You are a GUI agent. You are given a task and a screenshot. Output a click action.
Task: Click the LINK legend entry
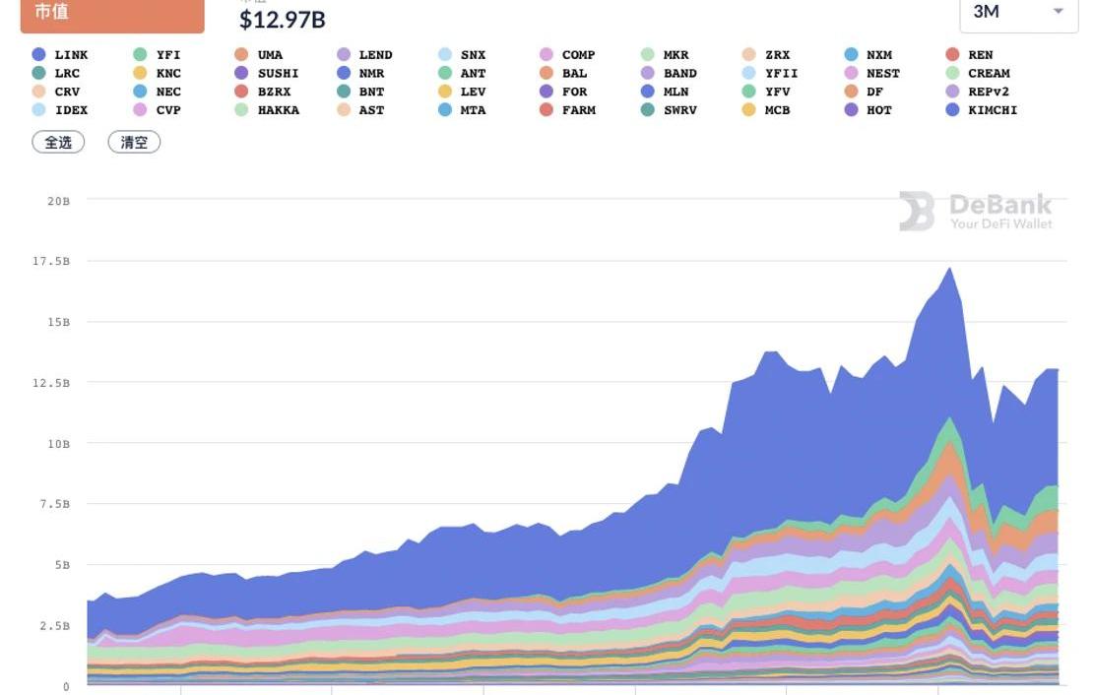click(60, 55)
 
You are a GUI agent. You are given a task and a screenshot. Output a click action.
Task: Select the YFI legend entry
click(158, 55)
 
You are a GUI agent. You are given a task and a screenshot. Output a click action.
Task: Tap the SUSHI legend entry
click(267, 74)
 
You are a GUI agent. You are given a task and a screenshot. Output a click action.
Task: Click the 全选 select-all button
click(59, 142)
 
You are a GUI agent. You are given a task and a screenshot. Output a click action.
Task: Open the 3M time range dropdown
click(1018, 12)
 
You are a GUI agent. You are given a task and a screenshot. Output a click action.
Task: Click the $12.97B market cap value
click(283, 19)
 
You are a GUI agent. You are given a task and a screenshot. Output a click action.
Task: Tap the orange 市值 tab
click(112, 14)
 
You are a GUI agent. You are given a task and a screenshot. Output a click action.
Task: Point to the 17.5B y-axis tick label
click(53, 261)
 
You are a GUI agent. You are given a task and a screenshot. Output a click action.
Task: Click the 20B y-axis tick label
click(59, 201)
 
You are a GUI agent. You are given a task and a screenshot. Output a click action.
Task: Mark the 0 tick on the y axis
click(67, 686)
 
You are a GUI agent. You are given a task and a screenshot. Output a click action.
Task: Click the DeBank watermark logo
click(976, 211)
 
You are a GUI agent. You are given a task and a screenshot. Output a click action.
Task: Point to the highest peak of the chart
click(949, 268)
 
